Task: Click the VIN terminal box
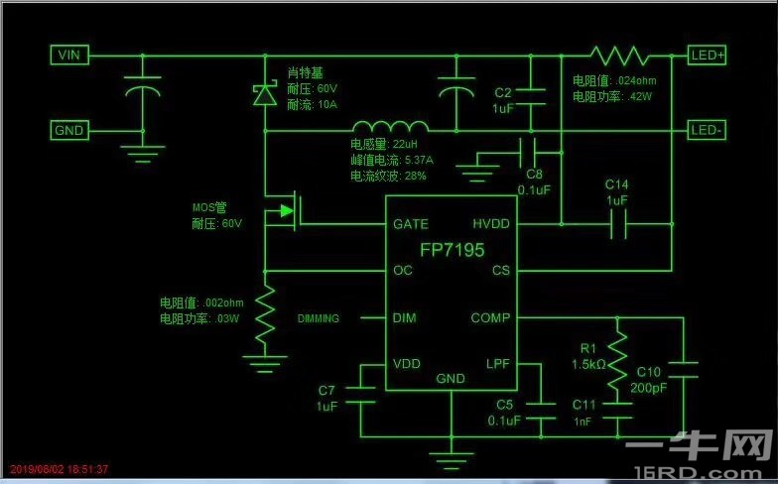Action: (69, 55)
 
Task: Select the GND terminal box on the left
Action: (69, 131)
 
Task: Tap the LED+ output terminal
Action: (707, 56)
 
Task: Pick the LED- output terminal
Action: (707, 131)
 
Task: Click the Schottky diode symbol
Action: (265, 94)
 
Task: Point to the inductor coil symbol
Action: (390, 126)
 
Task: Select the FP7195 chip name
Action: (453, 250)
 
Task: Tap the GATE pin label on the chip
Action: (411, 224)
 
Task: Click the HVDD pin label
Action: (491, 224)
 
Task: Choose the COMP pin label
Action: (490, 317)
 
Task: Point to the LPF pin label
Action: (498, 364)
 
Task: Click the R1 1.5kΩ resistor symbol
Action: (617, 361)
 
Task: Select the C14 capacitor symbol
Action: (618, 224)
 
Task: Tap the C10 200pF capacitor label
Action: (649, 380)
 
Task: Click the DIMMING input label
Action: (318, 318)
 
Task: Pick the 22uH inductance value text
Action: (405, 145)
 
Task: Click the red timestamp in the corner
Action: (60, 469)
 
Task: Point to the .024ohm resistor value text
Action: (635, 81)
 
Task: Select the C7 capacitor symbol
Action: (360, 395)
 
